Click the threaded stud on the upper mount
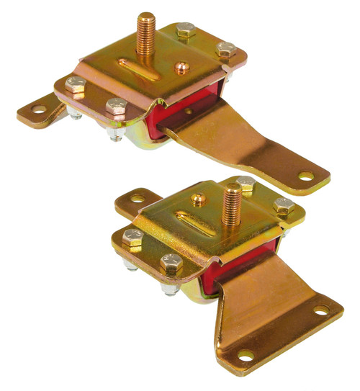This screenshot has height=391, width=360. tap(148, 32)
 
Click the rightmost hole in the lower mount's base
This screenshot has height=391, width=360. tap(319, 309)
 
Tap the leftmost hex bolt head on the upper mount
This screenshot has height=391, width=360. tap(75, 85)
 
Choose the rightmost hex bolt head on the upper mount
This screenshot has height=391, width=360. tap(225, 50)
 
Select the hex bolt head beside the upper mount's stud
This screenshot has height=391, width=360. tap(184, 31)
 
